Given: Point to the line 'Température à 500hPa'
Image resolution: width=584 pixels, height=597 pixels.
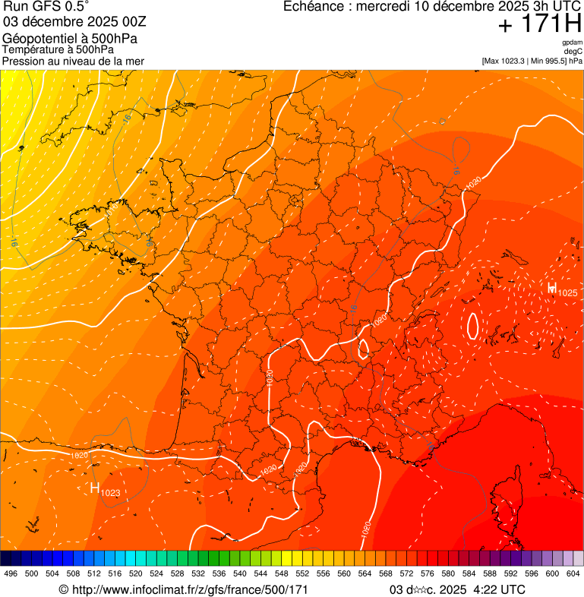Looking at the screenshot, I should [58, 49].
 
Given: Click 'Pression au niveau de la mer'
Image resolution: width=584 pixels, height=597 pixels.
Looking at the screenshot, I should [73, 61].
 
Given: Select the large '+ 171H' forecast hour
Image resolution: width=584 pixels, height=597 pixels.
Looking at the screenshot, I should [539, 24].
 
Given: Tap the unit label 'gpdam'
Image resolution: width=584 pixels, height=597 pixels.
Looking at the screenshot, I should [572, 43].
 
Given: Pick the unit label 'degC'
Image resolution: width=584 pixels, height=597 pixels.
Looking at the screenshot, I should [573, 52].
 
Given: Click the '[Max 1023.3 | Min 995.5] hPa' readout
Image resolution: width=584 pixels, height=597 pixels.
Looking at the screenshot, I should [532, 61].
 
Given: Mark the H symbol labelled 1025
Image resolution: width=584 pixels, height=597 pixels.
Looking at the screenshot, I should [552, 288].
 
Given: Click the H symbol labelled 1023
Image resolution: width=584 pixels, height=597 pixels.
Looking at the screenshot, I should [95, 488].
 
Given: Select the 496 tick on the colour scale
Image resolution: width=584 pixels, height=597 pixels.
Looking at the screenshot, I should [11, 573].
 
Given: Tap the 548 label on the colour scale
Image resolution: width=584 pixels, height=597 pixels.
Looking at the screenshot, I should [282, 573].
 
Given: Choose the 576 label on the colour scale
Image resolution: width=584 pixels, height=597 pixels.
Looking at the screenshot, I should [428, 573].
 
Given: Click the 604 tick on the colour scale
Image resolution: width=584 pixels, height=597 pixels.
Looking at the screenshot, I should [573, 573].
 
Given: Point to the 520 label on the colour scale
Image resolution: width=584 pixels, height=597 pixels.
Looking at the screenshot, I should [136, 573].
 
